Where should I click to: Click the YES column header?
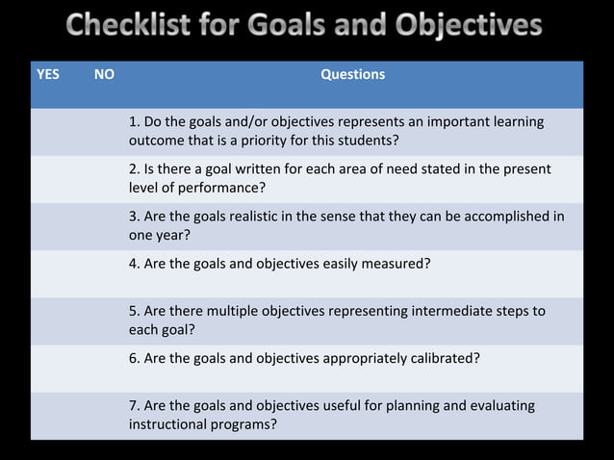pos(47,74)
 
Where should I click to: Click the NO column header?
pos(104,74)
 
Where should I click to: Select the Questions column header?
pos(352,74)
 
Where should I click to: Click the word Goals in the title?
pos(285,25)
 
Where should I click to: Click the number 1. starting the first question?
pos(134,122)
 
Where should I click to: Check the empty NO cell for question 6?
pos(105,368)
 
